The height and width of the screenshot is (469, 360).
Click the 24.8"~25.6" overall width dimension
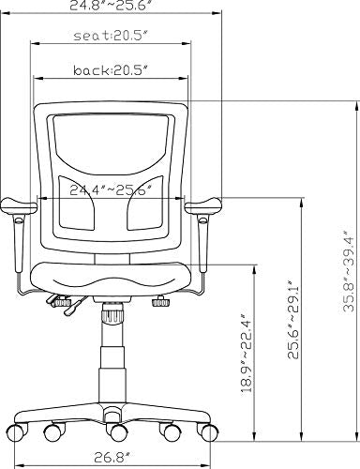coord(112,6)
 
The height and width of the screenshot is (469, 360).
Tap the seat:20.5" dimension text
coord(111,36)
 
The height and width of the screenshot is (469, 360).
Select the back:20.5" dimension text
coord(111,70)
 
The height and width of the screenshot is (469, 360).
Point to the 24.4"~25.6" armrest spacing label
coord(111,190)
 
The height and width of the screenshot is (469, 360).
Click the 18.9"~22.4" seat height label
coord(247,353)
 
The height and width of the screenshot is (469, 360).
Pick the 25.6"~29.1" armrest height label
coord(293,319)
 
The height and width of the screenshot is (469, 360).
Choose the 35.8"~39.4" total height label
coord(349,271)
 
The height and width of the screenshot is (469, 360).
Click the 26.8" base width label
coord(112,458)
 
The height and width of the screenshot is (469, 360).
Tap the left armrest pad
coord(19,206)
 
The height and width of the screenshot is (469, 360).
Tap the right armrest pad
coord(203,205)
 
